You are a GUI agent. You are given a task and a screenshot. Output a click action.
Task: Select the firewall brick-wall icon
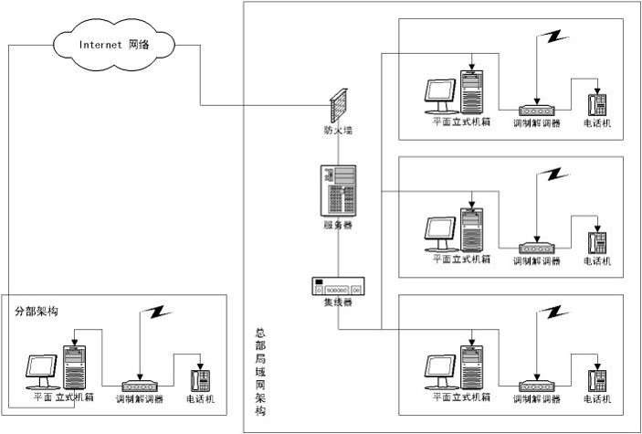338,108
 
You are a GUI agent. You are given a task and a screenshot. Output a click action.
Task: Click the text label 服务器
337,225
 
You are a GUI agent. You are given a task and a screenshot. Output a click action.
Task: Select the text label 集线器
337,303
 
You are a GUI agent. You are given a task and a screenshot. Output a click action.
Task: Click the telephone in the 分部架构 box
197,380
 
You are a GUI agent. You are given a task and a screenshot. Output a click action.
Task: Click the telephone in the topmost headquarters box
597,102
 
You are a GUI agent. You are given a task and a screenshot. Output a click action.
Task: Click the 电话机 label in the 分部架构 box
200,400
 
